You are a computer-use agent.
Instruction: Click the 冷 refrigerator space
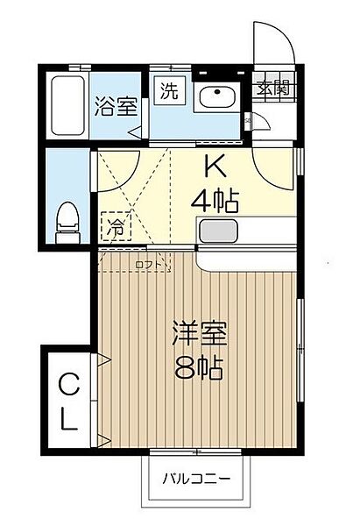pyautogui.click(x=116, y=226)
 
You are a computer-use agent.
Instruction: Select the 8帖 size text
pyautogui.click(x=199, y=366)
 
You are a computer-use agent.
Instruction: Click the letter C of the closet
pyautogui.click(x=67, y=382)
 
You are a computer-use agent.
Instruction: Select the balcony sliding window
pyautogui.click(x=196, y=451)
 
